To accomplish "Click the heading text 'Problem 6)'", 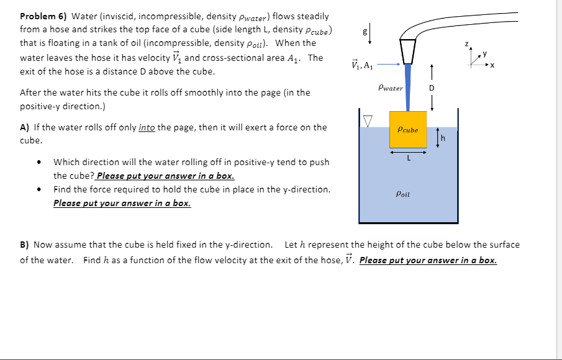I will [43, 16].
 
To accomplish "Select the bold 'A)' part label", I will [25, 127].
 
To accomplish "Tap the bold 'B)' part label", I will [25, 245].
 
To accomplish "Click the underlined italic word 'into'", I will [147, 127].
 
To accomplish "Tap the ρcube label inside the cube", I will [408, 130].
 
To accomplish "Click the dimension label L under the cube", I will [408, 158].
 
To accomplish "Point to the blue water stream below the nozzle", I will [408, 87].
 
